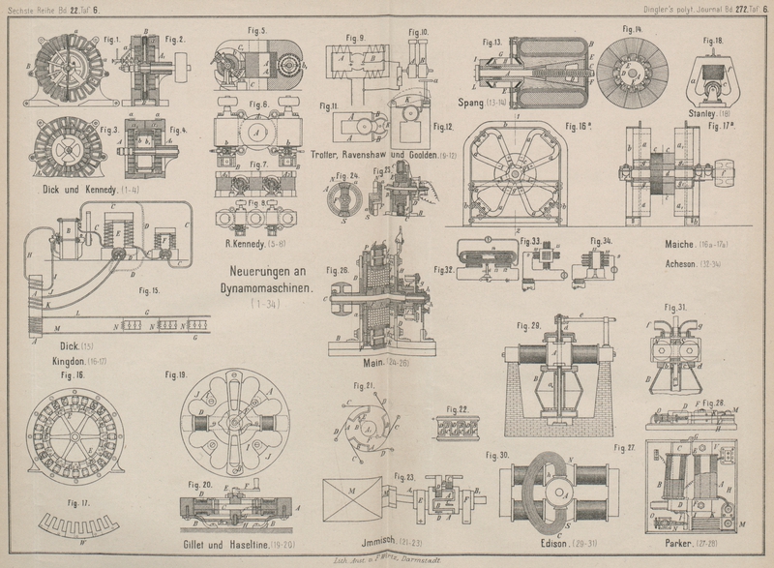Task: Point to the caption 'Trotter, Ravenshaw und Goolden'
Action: click(379, 154)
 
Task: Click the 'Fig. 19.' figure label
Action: click(176, 374)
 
